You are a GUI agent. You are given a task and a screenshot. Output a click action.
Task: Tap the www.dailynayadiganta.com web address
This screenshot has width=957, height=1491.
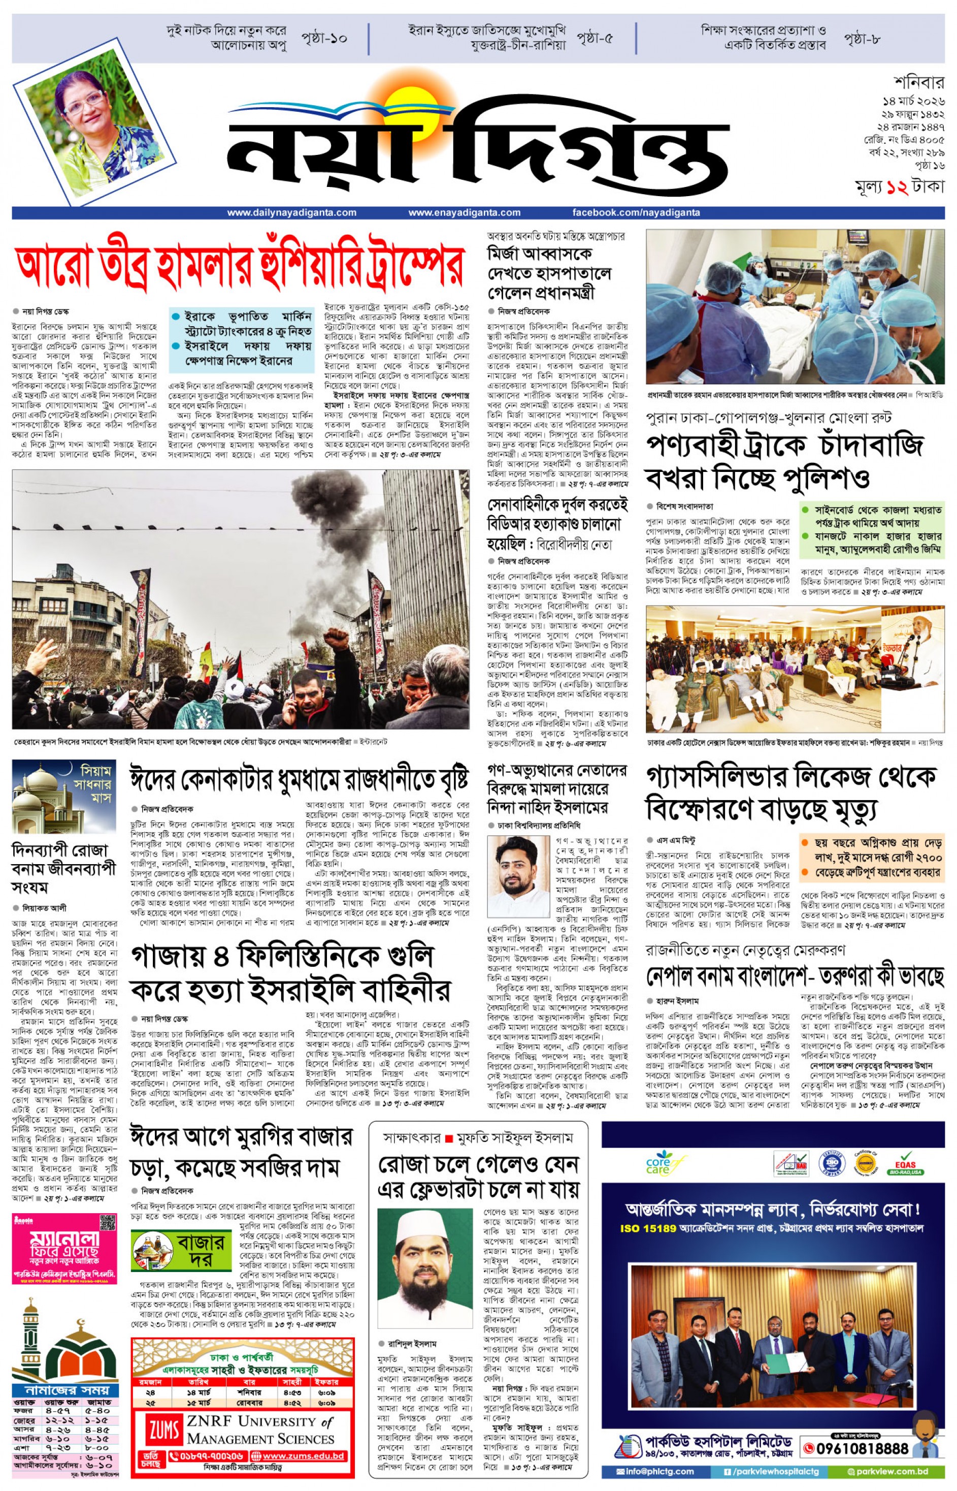[291, 213]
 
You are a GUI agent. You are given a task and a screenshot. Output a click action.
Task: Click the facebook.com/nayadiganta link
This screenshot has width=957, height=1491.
[636, 213]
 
